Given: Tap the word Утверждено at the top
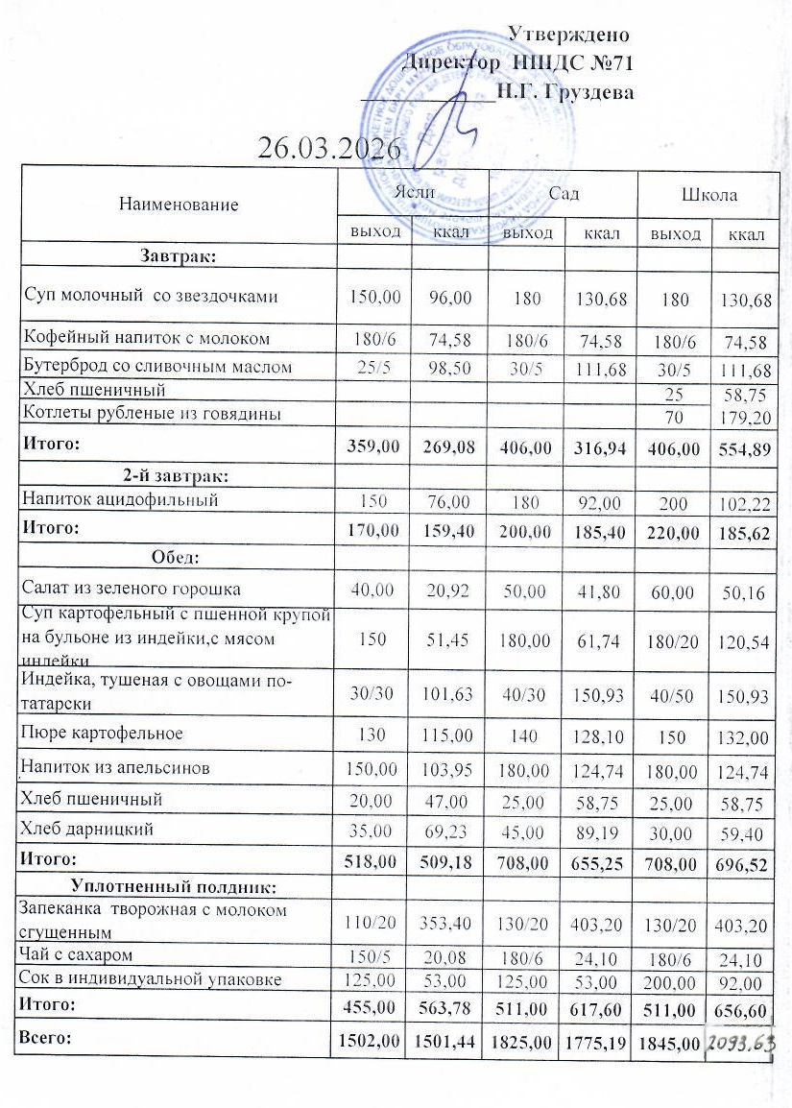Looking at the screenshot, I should (568, 36).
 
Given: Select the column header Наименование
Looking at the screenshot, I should (179, 204).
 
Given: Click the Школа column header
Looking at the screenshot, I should (709, 194).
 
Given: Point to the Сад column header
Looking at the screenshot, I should (564, 194).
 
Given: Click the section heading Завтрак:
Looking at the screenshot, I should (178, 256).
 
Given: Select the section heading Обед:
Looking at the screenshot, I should (177, 556).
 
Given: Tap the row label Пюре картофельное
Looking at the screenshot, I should (103, 734).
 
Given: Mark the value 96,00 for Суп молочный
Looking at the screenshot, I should (450, 298).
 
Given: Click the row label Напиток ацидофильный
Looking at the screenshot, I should (120, 499).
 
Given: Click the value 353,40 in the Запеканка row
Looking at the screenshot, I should (450, 924).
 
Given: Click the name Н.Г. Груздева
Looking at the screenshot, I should (564, 93).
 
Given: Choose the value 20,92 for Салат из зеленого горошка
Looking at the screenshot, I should (450, 592).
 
